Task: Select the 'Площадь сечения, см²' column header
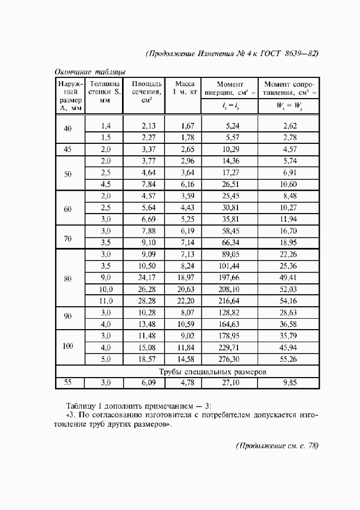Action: (144, 92)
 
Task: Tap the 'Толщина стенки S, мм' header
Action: (105, 92)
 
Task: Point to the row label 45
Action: (68, 149)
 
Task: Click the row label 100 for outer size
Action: (68, 346)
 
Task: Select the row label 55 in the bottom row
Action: (68, 382)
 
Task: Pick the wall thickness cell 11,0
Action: (105, 300)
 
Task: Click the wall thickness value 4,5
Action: (105, 184)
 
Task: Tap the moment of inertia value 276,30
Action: (229, 360)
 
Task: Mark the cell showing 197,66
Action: (229, 278)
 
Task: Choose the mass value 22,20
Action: (184, 300)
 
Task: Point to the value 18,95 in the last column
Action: (287, 242)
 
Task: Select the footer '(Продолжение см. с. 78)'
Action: (277, 445)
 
